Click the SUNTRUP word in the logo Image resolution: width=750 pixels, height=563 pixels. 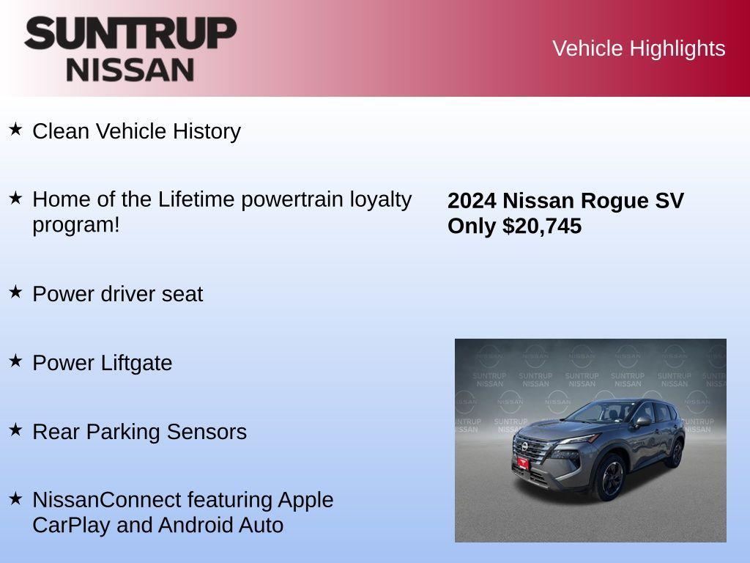pos(130,33)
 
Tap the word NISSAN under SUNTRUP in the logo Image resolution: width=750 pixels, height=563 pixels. pos(130,69)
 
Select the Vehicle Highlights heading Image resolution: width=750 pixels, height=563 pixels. pos(639,48)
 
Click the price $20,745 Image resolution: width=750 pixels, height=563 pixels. pos(542,227)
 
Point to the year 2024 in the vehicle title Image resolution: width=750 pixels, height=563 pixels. pos(472,201)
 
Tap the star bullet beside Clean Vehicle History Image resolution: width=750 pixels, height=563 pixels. pos(15,130)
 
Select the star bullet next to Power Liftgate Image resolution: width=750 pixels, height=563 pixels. pos(15,361)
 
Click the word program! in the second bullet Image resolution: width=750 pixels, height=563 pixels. pos(75,225)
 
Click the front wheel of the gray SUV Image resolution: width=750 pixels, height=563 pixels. pos(609,477)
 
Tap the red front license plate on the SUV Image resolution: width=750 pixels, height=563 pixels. pos(522,463)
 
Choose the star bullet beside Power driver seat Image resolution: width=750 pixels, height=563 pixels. pos(15,292)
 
